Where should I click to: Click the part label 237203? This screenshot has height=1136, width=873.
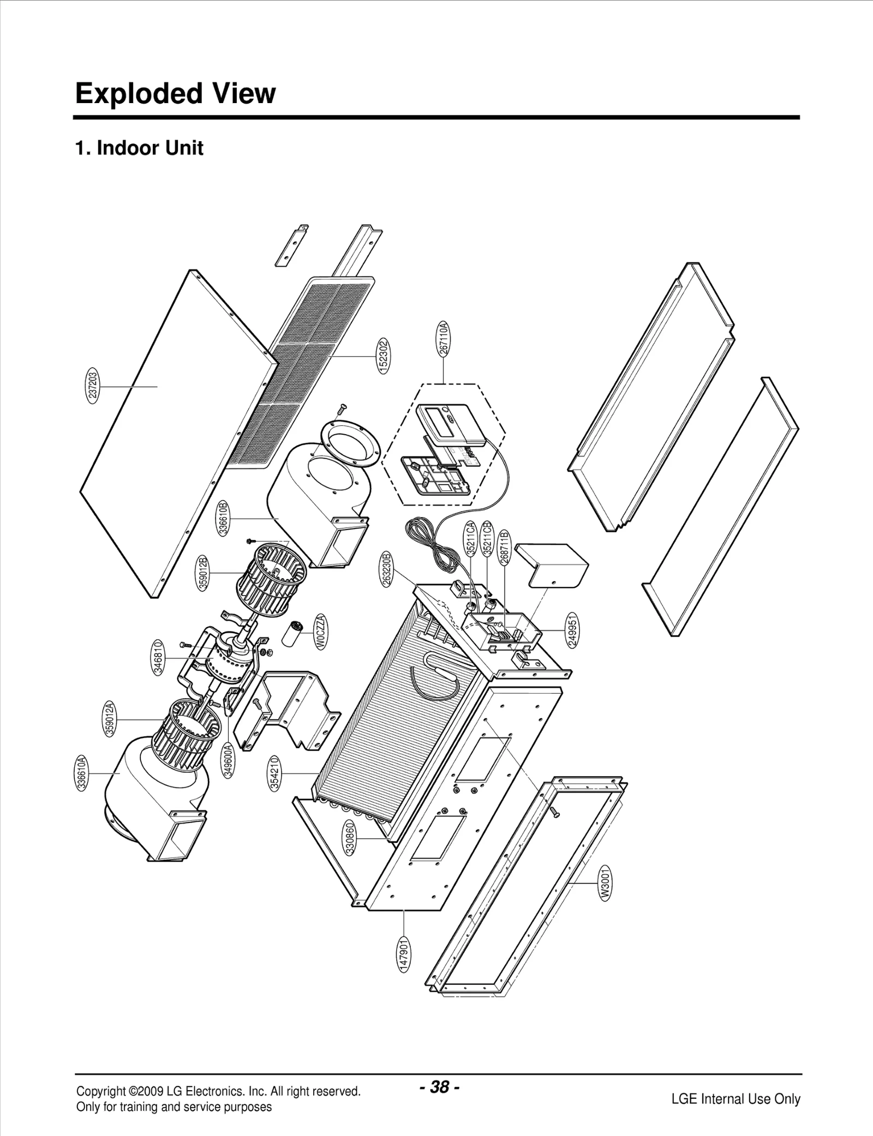coord(93,386)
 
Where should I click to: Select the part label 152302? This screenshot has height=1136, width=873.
coord(384,356)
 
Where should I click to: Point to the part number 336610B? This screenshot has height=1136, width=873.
coord(223,518)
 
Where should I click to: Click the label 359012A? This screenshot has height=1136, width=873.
coord(110,719)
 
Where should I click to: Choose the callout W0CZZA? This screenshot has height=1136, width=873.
coord(321,632)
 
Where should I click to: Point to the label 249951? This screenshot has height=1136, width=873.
coord(573,630)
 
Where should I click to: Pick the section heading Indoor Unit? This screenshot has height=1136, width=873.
coord(150,148)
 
